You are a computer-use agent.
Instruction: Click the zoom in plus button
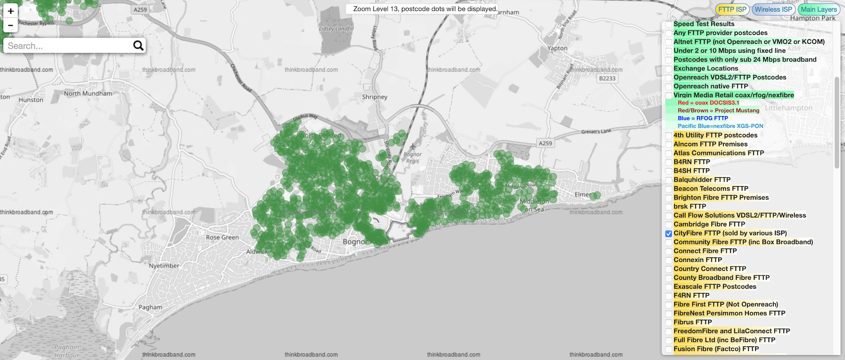click(11, 11)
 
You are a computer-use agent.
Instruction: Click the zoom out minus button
click(11, 25)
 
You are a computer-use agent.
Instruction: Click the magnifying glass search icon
click(138, 46)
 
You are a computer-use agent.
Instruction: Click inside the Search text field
click(66, 46)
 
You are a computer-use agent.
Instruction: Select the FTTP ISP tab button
click(732, 10)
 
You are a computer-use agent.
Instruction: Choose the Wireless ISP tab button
click(773, 10)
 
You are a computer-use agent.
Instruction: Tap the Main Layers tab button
click(818, 10)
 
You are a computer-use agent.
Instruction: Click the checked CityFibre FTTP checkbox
click(669, 233)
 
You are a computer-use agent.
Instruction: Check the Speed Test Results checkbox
click(669, 24)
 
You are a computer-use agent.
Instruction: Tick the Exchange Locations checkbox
click(669, 69)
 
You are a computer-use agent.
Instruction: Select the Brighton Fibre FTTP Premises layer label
click(721, 197)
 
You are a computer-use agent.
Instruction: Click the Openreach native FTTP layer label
click(710, 86)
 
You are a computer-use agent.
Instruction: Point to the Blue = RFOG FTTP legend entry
click(702, 118)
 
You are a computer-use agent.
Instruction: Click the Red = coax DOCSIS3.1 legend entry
click(708, 103)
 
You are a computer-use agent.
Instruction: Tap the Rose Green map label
click(222, 238)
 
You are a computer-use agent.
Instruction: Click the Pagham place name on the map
click(151, 307)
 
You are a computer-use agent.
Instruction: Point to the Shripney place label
click(374, 97)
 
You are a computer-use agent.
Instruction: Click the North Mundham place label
click(88, 93)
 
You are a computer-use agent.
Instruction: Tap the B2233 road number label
click(607, 79)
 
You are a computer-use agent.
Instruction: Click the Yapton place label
click(557, 48)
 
